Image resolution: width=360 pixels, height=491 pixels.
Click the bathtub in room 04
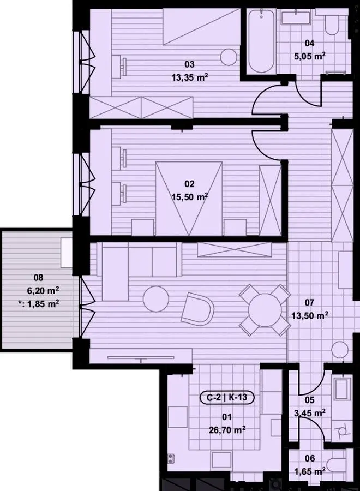pyautogui.click(x=261, y=41)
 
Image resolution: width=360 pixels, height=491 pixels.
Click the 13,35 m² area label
pyautogui.click(x=190, y=77)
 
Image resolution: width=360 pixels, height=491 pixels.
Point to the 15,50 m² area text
pyautogui.click(x=190, y=197)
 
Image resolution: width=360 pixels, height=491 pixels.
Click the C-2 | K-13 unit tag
pyautogui.click(x=227, y=397)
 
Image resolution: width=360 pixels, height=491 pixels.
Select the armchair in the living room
pyautogui.click(x=198, y=309)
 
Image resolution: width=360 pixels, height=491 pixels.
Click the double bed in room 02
pyautogui.click(x=189, y=198)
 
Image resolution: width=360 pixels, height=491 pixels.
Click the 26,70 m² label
pyautogui.click(x=227, y=430)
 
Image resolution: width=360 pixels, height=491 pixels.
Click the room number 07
pyautogui.click(x=309, y=302)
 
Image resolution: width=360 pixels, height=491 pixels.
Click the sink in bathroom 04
pyautogui.click(x=296, y=16)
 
